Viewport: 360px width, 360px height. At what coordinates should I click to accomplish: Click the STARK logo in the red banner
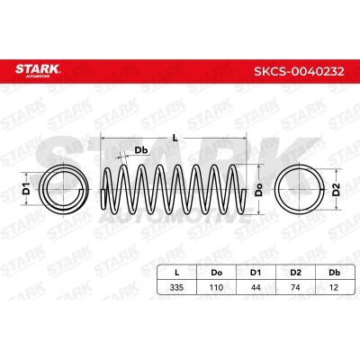pyautogui.click(x=38, y=70)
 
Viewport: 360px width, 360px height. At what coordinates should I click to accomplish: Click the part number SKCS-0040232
pyautogui.click(x=299, y=71)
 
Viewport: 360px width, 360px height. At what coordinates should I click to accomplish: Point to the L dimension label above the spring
pyautogui.click(x=175, y=138)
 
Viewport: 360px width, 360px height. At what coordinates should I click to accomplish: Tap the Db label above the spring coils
pyautogui.click(x=141, y=150)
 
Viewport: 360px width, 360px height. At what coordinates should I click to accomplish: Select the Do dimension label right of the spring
pyautogui.click(x=258, y=190)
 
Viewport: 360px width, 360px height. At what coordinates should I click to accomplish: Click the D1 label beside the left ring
pyautogui.click(x=27, y=189)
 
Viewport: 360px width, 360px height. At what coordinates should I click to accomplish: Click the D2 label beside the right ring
pyautogui.click(x=337, y=189)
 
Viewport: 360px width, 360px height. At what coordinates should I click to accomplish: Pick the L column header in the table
pyautogui.click(x=177, y=273)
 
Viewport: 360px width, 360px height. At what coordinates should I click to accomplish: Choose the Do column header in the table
pyautogui.click(x=217, y=273)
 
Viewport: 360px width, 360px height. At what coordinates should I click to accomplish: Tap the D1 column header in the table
pyautogui.click(x=256, y=273)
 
